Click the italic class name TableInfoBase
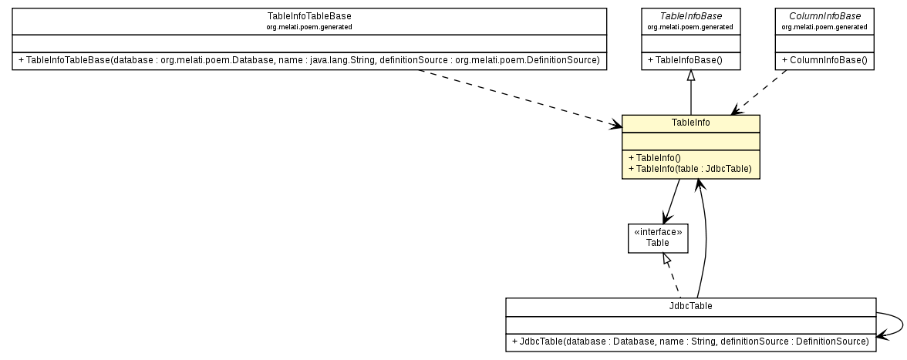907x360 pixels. click(690, 16)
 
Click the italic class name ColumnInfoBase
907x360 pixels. click(824, 16)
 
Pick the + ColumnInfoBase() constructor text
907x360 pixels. click(824, 60)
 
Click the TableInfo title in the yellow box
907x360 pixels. click(690, 123)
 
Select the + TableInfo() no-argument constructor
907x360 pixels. click(655, 158)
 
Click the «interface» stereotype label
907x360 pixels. click(657, 231)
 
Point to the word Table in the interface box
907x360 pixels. click(657, 242)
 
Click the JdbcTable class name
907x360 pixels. click(690, 306)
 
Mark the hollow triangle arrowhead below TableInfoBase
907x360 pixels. click(690, 76)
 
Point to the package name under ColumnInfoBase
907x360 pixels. click(824, 27)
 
